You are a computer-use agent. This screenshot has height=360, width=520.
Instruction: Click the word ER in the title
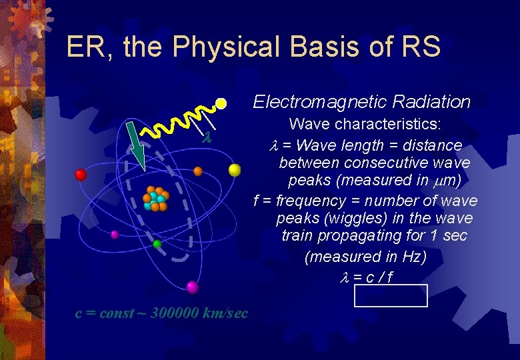tap(83, 47)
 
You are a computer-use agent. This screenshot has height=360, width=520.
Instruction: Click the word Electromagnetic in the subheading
tap(319, 102)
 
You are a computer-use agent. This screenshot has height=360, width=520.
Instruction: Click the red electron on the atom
tap(81, 175)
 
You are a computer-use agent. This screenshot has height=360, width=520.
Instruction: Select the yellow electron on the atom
tap(235, 169)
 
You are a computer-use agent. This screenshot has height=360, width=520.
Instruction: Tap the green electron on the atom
tap(157, 244)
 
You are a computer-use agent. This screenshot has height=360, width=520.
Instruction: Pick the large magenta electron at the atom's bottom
tap(193, 287)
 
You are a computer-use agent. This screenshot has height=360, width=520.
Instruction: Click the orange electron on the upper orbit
tap(198, 171)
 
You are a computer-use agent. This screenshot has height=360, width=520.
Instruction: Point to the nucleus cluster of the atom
tap(156, 198)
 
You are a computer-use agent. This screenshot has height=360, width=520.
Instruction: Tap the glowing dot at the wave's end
tap(221, 103)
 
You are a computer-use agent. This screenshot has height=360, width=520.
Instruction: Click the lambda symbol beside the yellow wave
tap(207, 137)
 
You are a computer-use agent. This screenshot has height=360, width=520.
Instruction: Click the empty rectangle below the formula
tap(391, 295)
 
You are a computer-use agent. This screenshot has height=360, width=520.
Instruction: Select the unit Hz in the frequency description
tap(411, 257)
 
